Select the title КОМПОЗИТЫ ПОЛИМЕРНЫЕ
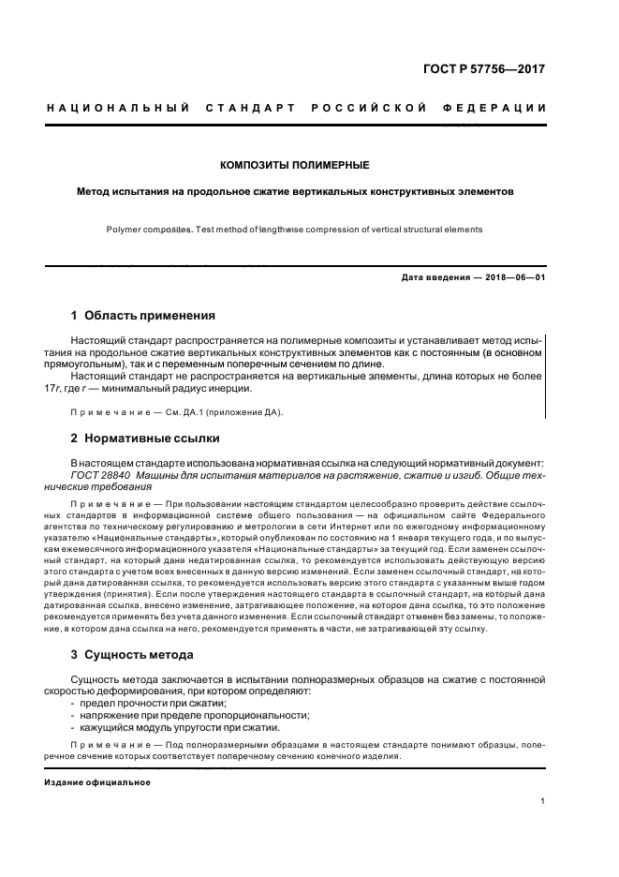tap(294, 166)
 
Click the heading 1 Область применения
tap(143, 316)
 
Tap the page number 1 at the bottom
tap(542, 801)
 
